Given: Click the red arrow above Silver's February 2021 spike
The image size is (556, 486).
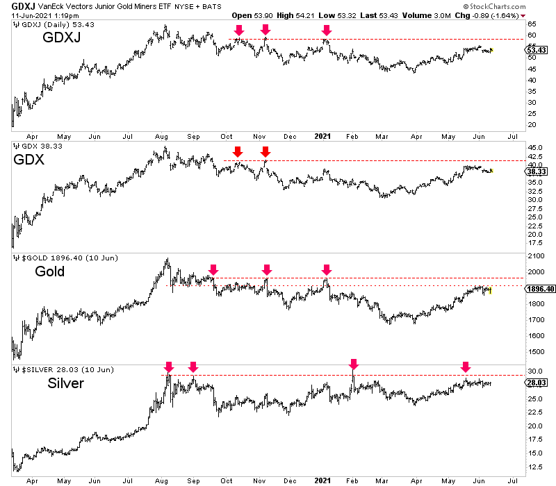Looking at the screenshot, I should coord(354,364).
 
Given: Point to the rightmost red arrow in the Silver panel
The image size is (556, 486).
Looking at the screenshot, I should coord(466,367).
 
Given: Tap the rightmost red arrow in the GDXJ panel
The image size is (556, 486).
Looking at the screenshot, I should coord(327,30).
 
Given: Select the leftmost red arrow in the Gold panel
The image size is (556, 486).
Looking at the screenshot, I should coord(213,269).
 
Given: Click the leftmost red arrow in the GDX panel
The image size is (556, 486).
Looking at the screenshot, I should coord(238,151).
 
